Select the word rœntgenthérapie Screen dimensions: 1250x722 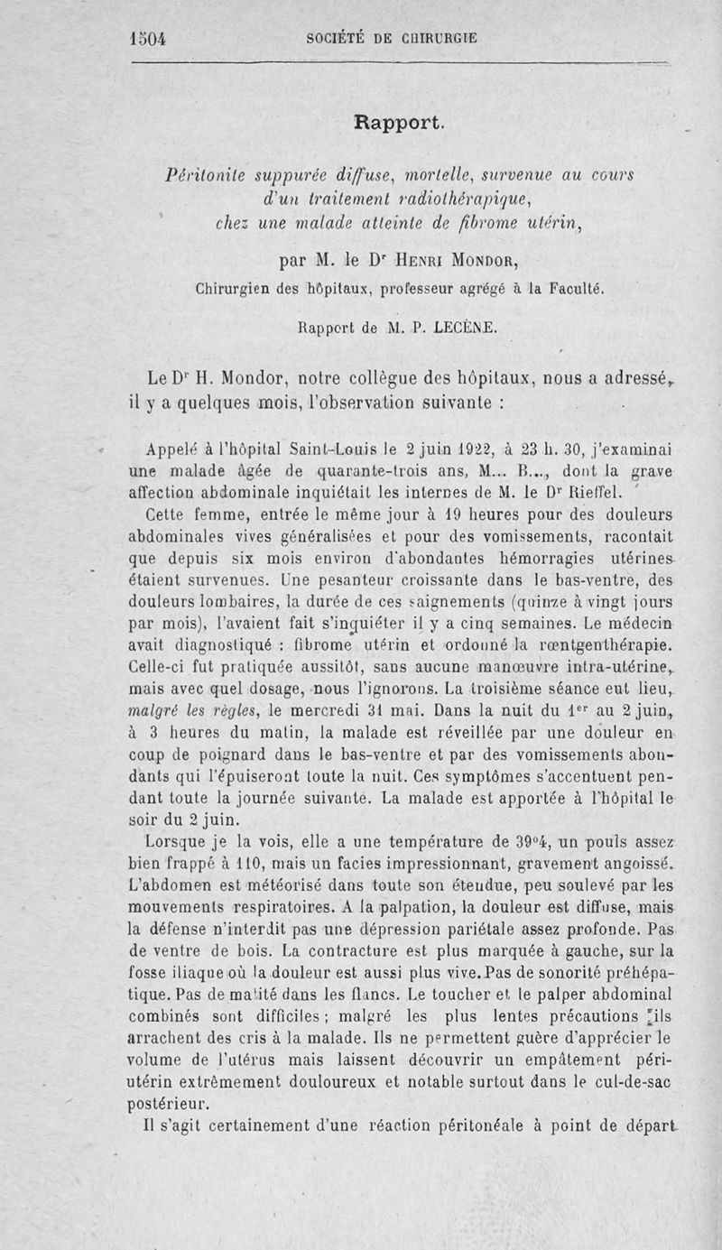pyautogui.click(x=613, y=645)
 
